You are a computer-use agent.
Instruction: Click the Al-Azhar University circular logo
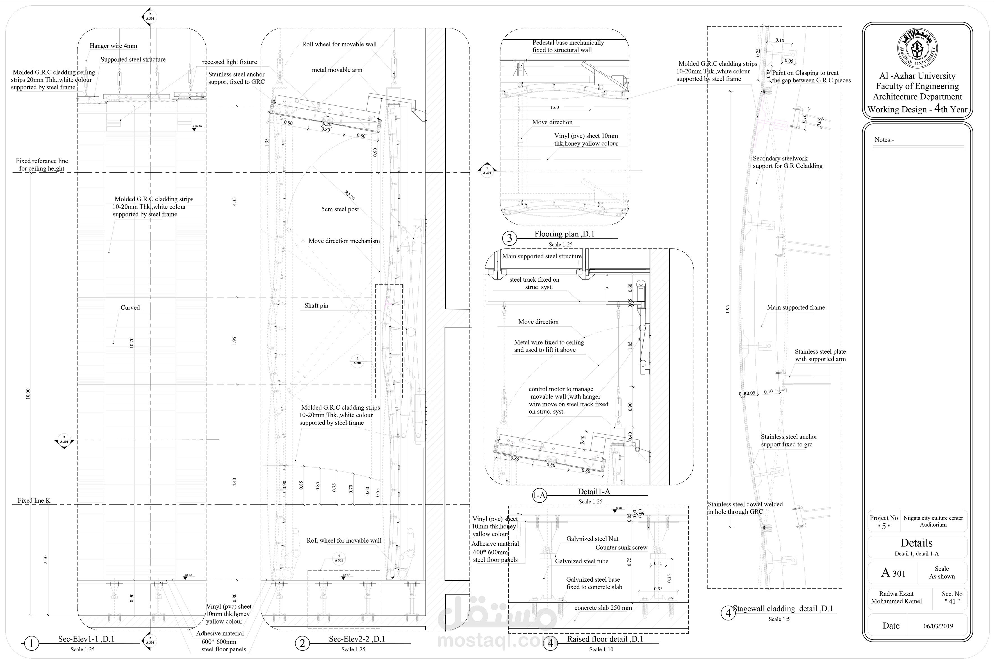point(917,49)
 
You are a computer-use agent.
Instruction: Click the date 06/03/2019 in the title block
point(938,626)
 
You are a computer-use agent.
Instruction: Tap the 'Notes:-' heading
point(884,140)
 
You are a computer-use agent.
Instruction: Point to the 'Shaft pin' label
point(316,305)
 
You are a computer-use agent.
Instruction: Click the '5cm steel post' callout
point(340,209)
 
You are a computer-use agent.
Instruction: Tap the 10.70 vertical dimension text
point(131,343)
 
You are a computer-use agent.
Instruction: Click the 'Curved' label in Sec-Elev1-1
point(130,308)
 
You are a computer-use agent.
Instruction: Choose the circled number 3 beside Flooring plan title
point(509,238)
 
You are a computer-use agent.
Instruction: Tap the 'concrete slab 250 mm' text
point(603,608)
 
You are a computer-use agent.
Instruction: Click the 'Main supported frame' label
point(796,308)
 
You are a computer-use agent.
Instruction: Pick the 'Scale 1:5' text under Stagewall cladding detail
point(779,619)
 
